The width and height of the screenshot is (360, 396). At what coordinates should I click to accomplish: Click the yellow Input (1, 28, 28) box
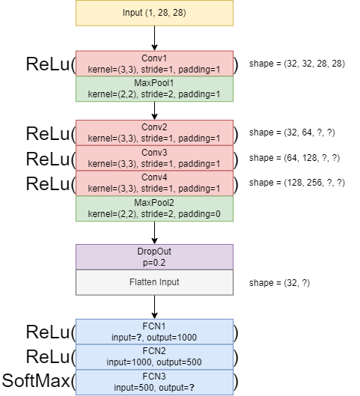pos(154,13)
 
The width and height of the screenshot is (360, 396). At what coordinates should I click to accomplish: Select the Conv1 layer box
pos(154,64)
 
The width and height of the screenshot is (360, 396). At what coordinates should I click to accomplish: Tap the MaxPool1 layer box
pos(154,89)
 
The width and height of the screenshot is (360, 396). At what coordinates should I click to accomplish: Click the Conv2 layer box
pos(154,132)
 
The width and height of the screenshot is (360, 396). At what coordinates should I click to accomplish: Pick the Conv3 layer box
pos(154,158)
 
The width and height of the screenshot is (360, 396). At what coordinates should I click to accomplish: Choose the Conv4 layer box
pos(154,183)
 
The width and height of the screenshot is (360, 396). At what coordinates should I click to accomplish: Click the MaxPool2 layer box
pos(154,209)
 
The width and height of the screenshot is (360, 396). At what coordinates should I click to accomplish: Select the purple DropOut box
pos(154,257)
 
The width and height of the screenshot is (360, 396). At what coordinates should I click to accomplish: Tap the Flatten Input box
pos(154,282)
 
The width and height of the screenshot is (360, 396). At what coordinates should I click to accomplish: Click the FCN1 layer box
pos(154,332)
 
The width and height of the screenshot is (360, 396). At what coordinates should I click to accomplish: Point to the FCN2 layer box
pos(154,356)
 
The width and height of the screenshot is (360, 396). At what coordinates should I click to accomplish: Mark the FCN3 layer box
pos(154,382)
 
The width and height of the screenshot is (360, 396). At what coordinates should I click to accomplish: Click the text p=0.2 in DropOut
pos(154,263)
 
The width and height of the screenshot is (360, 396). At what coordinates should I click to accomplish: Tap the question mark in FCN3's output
pos(193,388)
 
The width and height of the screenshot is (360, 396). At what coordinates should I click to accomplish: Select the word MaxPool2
pos(154,203)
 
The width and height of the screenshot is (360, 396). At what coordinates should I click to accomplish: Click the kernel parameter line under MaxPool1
pos(154,95)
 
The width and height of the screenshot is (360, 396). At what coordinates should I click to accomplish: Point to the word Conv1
pos(154,58)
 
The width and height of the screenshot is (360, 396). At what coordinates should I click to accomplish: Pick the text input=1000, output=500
pos(154,362)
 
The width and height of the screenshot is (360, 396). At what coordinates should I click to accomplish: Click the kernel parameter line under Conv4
pos(154,189)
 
